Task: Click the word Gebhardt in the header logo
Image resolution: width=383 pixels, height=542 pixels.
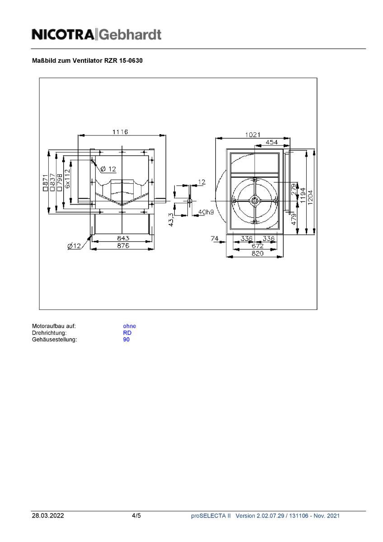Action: coord(130,34)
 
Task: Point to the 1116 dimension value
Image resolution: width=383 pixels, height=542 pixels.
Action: coord(120,132)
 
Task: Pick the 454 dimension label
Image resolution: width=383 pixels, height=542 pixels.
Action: coord(271,142)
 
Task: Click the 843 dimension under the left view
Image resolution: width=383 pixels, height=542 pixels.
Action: coord(123,238)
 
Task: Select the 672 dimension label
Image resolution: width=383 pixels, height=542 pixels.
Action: coord(257,246)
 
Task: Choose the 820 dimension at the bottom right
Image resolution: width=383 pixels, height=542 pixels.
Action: coord(257,254)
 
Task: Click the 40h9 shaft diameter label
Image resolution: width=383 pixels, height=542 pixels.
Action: coord(206,212)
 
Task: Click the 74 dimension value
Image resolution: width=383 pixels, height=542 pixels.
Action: coord(215,238)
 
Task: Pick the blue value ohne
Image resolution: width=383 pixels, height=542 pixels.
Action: coord(129,326)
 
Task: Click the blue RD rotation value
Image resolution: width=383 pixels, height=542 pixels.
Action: coord(127,333)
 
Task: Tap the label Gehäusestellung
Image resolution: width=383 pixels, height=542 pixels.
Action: coord(54,340)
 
